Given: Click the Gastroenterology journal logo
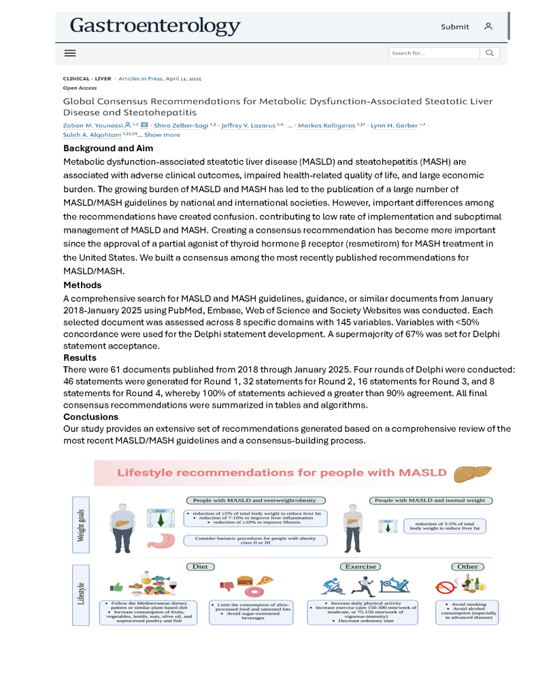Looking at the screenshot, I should pos(155,27).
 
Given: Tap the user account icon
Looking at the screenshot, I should pos(488,27).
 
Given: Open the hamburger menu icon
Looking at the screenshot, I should pos(70,53).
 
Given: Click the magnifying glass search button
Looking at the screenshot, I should pos(490,53).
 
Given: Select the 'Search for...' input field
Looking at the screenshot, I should pos(434,53).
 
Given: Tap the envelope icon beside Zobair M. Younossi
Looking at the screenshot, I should pos(144,125).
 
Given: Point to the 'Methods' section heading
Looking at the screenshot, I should pos(82,285).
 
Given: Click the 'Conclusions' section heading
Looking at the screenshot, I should pos(91,417).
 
